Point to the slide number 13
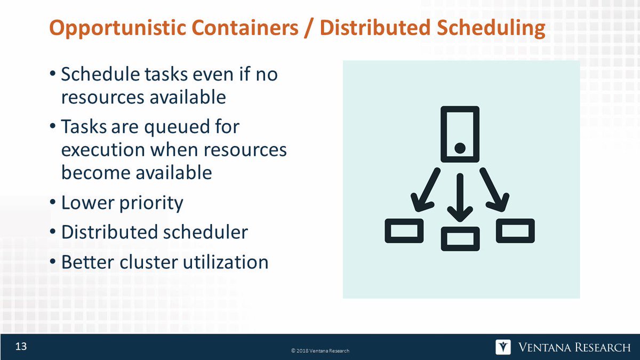pos(21,347)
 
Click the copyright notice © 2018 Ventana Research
pos(320,350)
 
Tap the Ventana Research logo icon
pos(503,347)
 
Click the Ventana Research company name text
pos(574,348)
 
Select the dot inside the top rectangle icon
pos(460,147)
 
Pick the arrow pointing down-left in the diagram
pos(425,191)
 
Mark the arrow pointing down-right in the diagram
pos(494,191)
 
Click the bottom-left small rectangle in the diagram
pos(404,230)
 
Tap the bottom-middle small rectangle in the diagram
pos(460,238)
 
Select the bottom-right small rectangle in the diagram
pos(515,230)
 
